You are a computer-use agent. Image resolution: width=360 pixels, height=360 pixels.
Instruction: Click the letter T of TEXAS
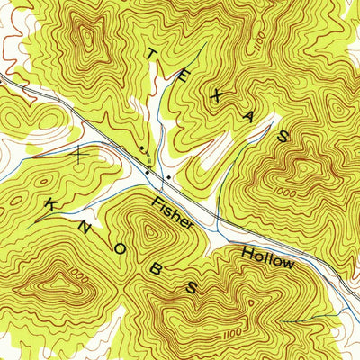tap(151, 55)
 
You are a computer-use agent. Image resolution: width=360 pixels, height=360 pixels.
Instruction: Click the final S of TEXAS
tap(283, 136)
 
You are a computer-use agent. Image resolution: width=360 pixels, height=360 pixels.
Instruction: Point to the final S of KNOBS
tap(191, 287)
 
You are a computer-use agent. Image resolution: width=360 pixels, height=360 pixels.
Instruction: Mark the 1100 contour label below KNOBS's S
tap(235, 331)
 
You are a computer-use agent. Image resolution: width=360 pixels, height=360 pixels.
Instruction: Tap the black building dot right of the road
tap(167, 176)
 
